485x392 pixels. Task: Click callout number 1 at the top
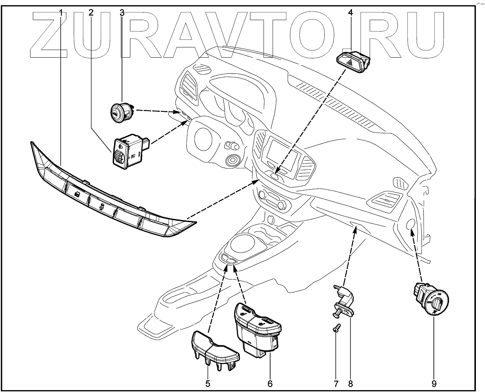pyautogui.click(x=61, y=13)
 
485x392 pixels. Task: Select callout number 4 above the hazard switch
pyautogui.click(x=350, y=13)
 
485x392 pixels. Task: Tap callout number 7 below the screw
pyautogui.click(x=336, y=384)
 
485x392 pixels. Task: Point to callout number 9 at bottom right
pyautogui.click(x=434, y=384)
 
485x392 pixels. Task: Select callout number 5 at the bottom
pyautogui.click(x=208, y=384)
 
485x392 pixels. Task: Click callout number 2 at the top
pyautogui.click(x=91, y=13)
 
